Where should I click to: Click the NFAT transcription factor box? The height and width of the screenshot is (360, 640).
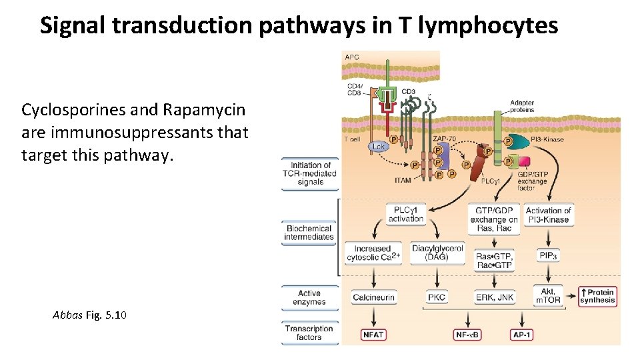coord(373,335)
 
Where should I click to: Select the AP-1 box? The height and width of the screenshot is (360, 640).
coord(521,335)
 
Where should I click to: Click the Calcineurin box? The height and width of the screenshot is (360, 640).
coord(373,297)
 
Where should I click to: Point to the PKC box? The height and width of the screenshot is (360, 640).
coord(437,297)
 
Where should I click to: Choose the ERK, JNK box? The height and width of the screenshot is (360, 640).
coord(495,297)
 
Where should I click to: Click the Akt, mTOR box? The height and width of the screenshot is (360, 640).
coord(548,296)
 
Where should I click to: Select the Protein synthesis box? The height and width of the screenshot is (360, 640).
coord(597,296)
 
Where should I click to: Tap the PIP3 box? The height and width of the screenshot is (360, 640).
coord(548,255)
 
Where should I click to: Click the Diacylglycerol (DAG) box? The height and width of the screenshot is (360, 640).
coord(437,253)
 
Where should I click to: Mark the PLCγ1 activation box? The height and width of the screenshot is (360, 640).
coord(405,214)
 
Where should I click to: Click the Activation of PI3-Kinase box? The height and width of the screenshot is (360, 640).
coord(548,215)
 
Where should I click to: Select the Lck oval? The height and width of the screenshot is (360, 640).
coord(379,146)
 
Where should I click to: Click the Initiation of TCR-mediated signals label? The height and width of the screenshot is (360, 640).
coord(310,173)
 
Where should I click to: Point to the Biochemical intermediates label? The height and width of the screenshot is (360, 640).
coord(309,233)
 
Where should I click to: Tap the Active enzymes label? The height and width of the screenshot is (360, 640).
coord(309,297)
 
